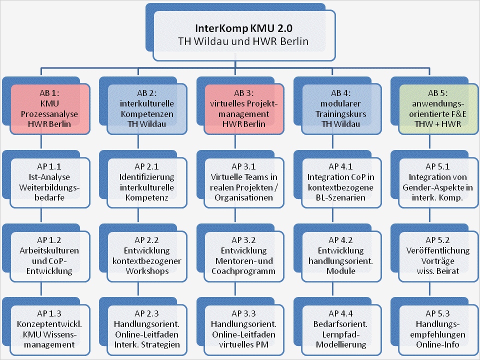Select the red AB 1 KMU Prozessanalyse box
point(50,109)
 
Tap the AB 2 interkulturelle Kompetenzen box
point(147,109)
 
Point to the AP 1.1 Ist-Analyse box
point(50,182)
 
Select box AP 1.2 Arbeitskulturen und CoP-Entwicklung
point(50,255)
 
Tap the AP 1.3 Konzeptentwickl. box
point(50,328)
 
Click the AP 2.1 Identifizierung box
point(147,182)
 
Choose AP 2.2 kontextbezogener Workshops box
point(147,255)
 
